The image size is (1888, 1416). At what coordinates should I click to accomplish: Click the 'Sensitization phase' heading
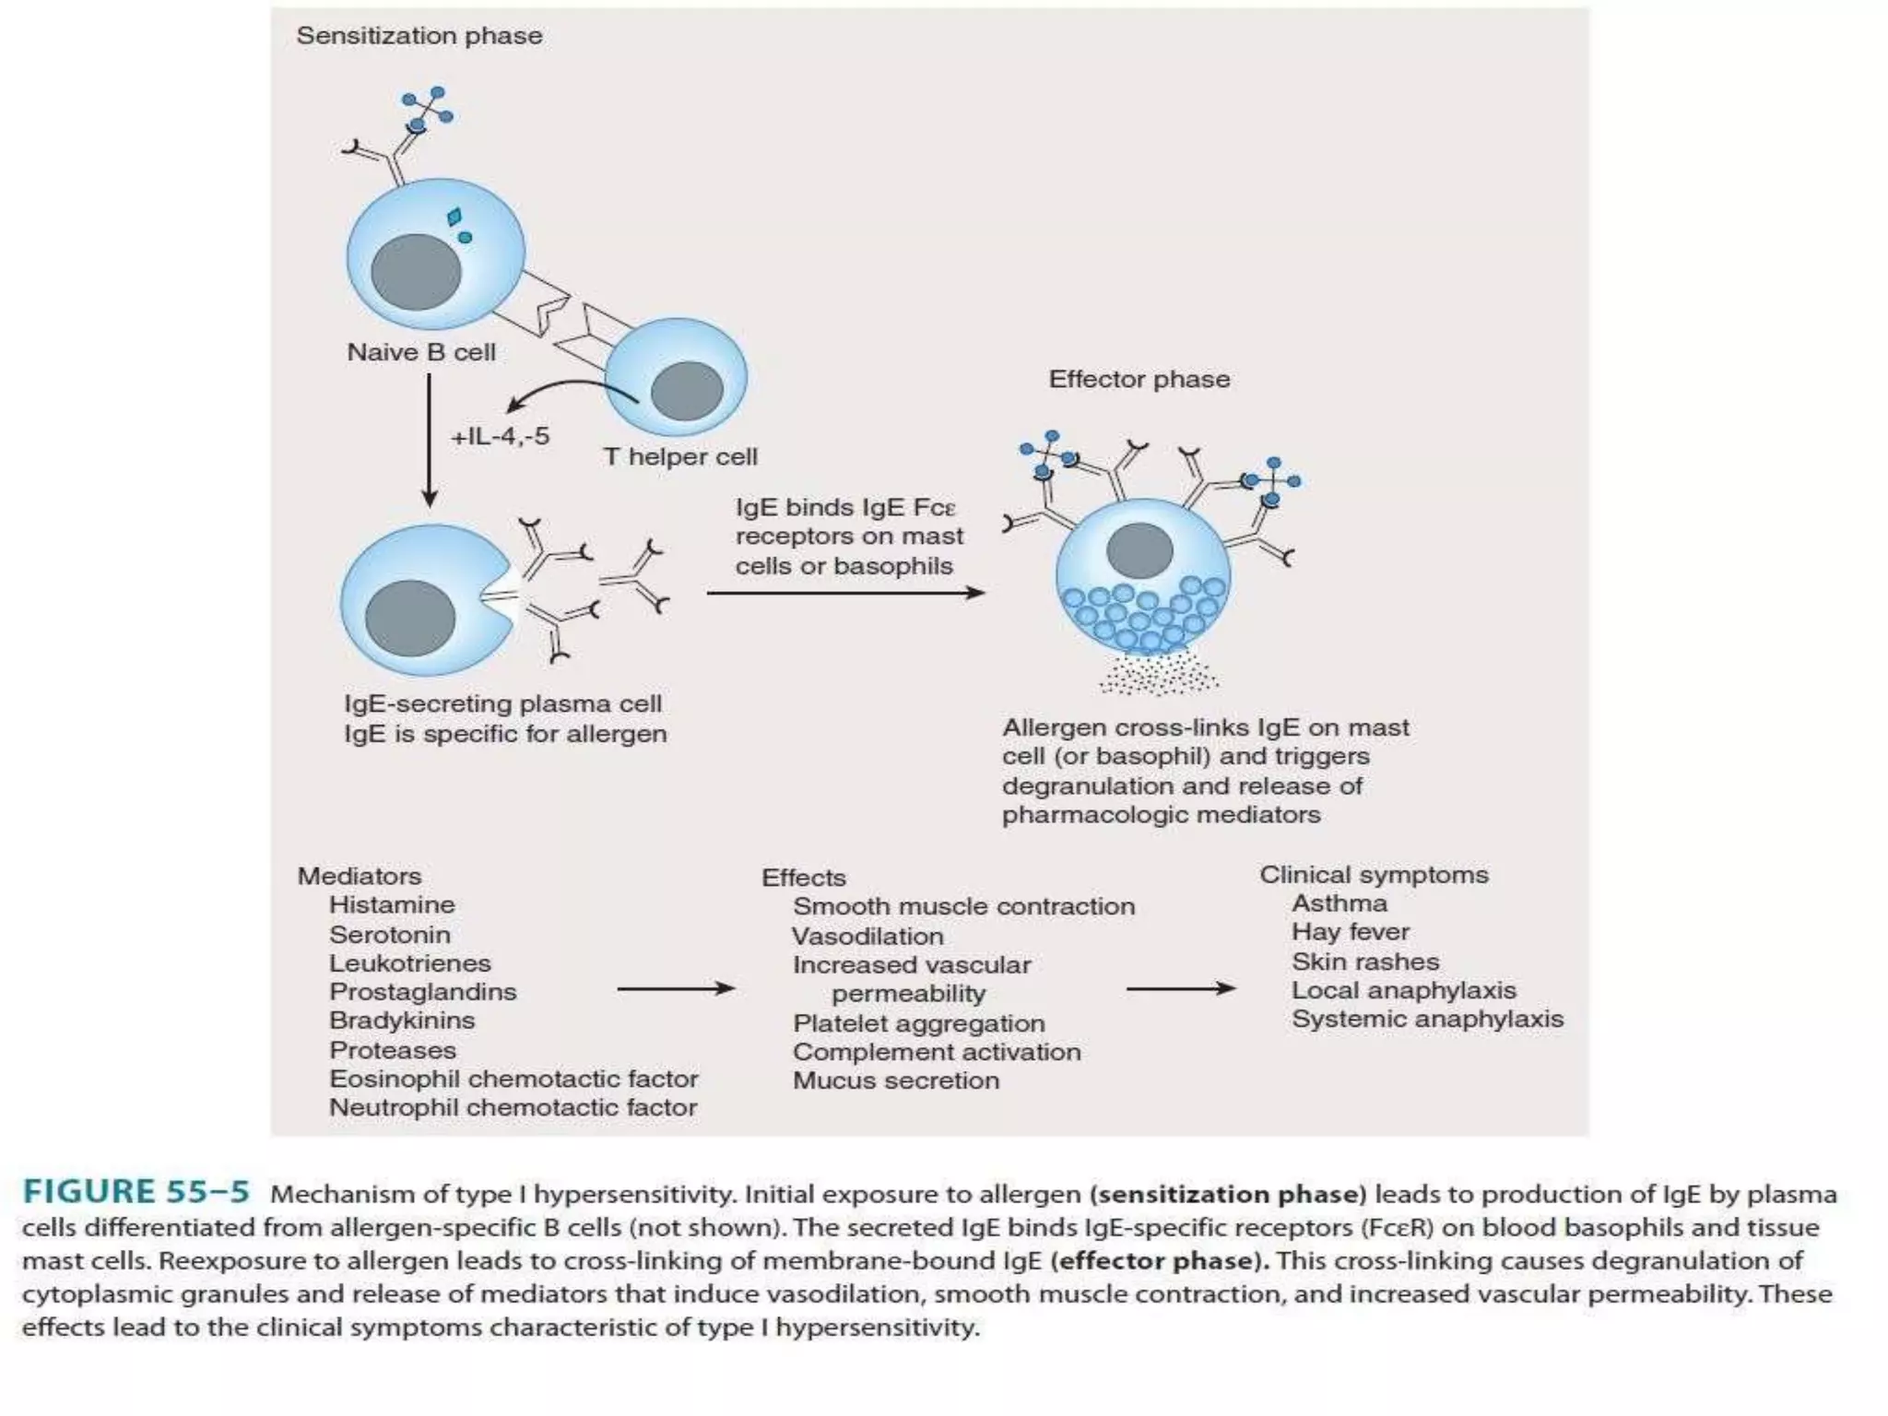[419, 36]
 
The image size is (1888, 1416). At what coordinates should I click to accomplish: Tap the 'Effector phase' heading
[1139, 379]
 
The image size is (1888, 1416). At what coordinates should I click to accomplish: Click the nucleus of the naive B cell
[416, 273]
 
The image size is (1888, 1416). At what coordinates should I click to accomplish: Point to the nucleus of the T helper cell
[687, 390]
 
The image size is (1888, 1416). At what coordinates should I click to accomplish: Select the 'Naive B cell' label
[421, 352]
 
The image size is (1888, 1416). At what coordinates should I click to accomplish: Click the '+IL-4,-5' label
[500, 436]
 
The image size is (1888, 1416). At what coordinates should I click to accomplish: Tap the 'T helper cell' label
[680, 456]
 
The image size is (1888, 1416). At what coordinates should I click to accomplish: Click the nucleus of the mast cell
[1139, 550]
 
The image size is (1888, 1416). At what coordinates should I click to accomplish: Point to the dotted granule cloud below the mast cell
[1158, 674]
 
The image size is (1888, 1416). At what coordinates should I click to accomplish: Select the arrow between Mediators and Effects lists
[675, 989]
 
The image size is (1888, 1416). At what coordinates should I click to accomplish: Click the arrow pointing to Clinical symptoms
[1180, 989]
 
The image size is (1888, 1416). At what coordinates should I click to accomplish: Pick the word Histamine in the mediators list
[392, 905]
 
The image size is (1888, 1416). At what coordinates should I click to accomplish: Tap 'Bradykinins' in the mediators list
[402, 1021]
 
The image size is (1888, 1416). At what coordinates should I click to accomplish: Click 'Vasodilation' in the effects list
[867, 937]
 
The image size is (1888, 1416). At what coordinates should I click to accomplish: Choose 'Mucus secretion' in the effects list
[896, 1080]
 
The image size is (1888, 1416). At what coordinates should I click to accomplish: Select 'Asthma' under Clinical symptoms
[1339, 903]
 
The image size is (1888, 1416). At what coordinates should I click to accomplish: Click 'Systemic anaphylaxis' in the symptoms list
[1427, 1019]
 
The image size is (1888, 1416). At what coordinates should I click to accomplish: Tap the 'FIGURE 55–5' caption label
[136, 1192]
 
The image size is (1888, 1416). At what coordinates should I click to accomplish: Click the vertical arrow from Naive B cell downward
[429, 440]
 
